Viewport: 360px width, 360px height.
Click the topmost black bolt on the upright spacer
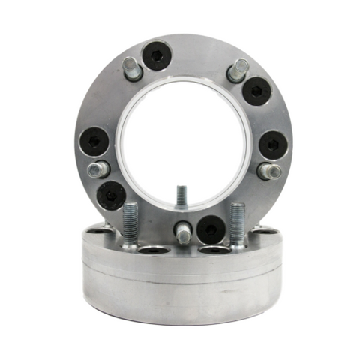(157, 55)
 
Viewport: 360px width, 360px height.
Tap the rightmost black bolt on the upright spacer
(272, 145)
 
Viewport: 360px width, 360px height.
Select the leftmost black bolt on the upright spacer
(93, 141)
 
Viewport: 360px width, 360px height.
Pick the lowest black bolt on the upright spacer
(210, 229)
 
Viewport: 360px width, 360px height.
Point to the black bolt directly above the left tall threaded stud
(112, 195)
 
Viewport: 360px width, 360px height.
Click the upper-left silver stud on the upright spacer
(133, 68)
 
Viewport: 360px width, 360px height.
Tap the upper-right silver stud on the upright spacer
(238, 70)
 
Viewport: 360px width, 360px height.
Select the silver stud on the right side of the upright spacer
(268, 171)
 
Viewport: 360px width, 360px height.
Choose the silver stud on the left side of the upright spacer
(97, 169)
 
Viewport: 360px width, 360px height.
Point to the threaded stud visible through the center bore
(181, 196)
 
